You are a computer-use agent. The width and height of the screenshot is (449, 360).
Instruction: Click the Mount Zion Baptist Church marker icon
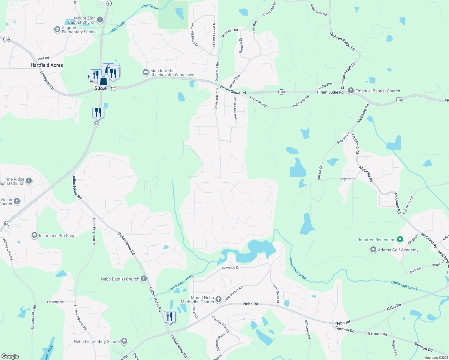click(x=100, y=20)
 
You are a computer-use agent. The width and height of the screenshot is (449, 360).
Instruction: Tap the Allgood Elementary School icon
click(x=57, y=29)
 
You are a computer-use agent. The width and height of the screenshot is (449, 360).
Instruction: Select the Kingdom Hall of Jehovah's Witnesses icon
click(x=146, y=72)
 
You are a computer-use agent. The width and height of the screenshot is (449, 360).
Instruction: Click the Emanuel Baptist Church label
click(x=378, y=91)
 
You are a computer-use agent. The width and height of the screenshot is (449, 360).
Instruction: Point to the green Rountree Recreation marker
click(x=400, y=239)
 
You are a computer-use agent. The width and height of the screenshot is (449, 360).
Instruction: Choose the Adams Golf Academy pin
click(x=373, y=250)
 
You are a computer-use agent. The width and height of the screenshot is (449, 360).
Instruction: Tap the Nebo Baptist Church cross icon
click(x=144, y=279)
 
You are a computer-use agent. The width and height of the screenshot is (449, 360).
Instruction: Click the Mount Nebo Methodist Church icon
click(x=218, y=299)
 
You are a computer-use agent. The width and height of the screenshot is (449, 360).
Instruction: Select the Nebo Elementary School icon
click(x=124, y=341)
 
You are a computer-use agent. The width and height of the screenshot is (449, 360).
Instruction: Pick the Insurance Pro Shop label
click(x=57, y=235)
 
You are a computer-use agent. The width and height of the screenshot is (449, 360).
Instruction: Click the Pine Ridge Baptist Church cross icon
click(x=29, y=181)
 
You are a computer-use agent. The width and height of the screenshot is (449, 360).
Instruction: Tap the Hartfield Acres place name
click(x=47, y=65)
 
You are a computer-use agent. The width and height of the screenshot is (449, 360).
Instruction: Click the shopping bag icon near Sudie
click(x=103, y=81)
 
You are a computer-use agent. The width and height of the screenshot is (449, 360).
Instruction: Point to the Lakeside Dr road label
click(x=231, y=267)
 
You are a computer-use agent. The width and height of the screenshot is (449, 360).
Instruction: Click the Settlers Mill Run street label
click(x=235, y=107)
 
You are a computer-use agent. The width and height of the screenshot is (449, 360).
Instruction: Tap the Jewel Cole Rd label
click(x=318, y=10)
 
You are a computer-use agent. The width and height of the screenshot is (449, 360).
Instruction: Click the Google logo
click(x=10, y=356)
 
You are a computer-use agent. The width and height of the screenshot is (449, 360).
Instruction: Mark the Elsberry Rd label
click(x=55, y=302)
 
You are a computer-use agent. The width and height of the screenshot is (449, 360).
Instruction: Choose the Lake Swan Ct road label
click(x=276, y=293)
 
